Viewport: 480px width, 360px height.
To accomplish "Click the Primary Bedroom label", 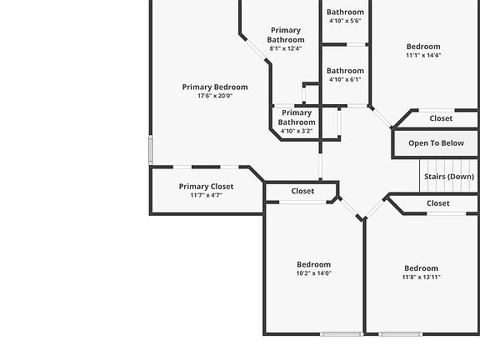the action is [215, 87].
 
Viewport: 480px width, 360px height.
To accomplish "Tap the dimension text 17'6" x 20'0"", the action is [215, 96].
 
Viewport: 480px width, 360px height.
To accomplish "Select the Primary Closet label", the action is [206, 187].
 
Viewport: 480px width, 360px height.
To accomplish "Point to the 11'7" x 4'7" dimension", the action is [206, 195].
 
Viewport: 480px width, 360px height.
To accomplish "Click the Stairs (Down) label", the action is [449, 177].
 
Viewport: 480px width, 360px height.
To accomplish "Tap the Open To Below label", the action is [436, 143].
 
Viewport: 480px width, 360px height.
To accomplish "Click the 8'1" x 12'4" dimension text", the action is [286, 48].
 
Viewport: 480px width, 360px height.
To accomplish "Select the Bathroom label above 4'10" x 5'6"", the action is [345, 12].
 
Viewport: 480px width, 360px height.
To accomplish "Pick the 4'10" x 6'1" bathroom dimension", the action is [345, 80].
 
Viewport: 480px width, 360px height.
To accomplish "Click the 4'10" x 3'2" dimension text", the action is [297, 131].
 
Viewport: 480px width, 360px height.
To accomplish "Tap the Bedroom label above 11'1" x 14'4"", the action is [423, 47].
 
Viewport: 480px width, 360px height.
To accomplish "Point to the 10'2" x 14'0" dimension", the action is [314, 273].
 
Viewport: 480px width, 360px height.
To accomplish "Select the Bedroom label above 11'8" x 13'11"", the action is [421, 268].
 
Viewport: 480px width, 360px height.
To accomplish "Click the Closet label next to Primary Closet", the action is [302, 191].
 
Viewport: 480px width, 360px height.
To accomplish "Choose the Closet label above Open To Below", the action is [441, 118].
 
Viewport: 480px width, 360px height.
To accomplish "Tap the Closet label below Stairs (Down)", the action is [438, 203].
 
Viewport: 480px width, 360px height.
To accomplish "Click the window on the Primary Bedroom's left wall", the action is [150, 150].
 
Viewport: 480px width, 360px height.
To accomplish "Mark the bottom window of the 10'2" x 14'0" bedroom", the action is [342, 334].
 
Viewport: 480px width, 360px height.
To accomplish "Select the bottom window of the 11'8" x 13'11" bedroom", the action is [400, 334].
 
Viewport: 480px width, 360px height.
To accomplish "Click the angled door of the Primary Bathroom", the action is [256, 49].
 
